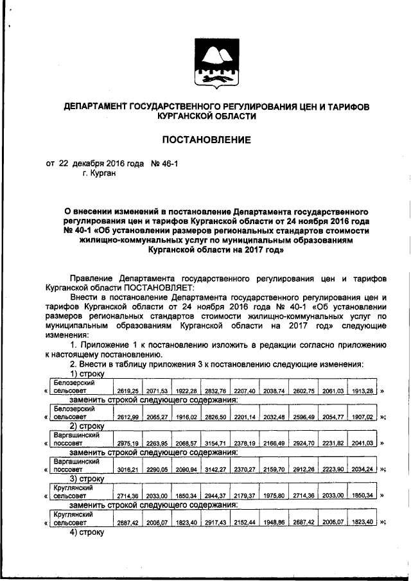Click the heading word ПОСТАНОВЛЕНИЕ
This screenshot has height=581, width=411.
coord(205,139)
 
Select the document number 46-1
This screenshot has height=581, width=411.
coord(167,164)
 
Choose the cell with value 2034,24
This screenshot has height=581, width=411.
coord(361,469)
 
